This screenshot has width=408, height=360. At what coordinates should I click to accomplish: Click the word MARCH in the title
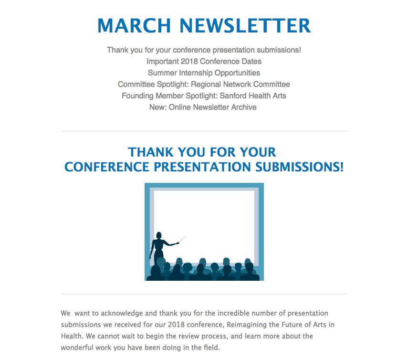point(134,26)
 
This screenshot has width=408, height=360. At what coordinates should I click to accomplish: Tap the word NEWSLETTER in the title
point(245,26)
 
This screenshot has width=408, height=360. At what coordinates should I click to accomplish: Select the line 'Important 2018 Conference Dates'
point(204,62)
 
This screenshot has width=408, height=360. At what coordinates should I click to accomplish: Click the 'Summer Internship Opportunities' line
point(204,73)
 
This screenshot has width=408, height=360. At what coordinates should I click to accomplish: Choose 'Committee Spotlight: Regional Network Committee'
point(204,85)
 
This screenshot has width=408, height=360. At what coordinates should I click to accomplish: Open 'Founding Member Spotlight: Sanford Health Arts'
point(204,96)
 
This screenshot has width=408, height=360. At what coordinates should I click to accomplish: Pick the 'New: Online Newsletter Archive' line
point(203,107)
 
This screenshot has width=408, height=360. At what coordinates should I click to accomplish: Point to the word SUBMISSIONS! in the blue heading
point(300,167)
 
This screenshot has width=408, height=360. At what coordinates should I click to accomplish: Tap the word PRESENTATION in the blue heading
point(202,167)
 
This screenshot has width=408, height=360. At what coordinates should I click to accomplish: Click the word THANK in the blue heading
point(151,152)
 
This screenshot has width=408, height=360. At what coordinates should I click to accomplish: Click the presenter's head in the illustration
point(159,235)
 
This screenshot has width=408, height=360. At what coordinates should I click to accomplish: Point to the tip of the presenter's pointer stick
point(186,236)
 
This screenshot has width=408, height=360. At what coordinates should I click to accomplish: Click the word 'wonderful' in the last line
point(77,348)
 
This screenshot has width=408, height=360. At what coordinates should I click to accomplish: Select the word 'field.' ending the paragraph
point(212,348)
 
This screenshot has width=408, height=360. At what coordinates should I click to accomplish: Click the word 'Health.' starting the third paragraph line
point(73,336)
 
